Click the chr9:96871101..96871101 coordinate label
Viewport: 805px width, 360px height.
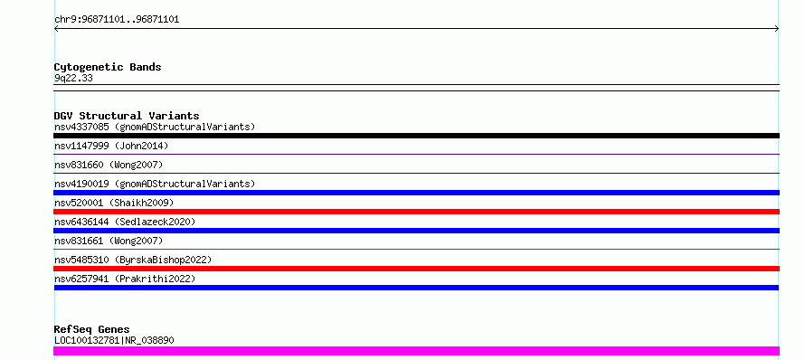point(117,20)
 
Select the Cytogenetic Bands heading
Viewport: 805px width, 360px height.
point(108,67)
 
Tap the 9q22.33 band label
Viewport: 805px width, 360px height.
point(73,79)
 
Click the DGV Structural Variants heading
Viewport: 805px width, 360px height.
point(127,116)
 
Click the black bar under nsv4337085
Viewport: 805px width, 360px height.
point(416,136)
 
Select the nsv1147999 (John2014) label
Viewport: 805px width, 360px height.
point(111,146)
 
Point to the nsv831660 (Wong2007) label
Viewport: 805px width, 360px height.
point(109,165)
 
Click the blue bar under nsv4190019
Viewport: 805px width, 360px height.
point(416,193)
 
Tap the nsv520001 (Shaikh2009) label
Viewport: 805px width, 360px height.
point(114,203)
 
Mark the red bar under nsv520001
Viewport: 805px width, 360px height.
point(416,212)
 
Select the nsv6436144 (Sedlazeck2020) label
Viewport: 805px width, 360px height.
point(125,222)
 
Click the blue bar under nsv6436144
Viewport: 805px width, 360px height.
point(416,231)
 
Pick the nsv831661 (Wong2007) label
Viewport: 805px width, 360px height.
point(109,241)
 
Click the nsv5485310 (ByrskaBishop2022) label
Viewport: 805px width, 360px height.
point(133,260)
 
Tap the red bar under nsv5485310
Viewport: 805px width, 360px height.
point(416,269)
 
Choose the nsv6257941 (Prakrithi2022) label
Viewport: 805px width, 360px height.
point(125,279)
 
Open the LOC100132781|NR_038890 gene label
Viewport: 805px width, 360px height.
point(114,340)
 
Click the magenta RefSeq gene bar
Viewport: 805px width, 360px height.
point(416,351)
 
